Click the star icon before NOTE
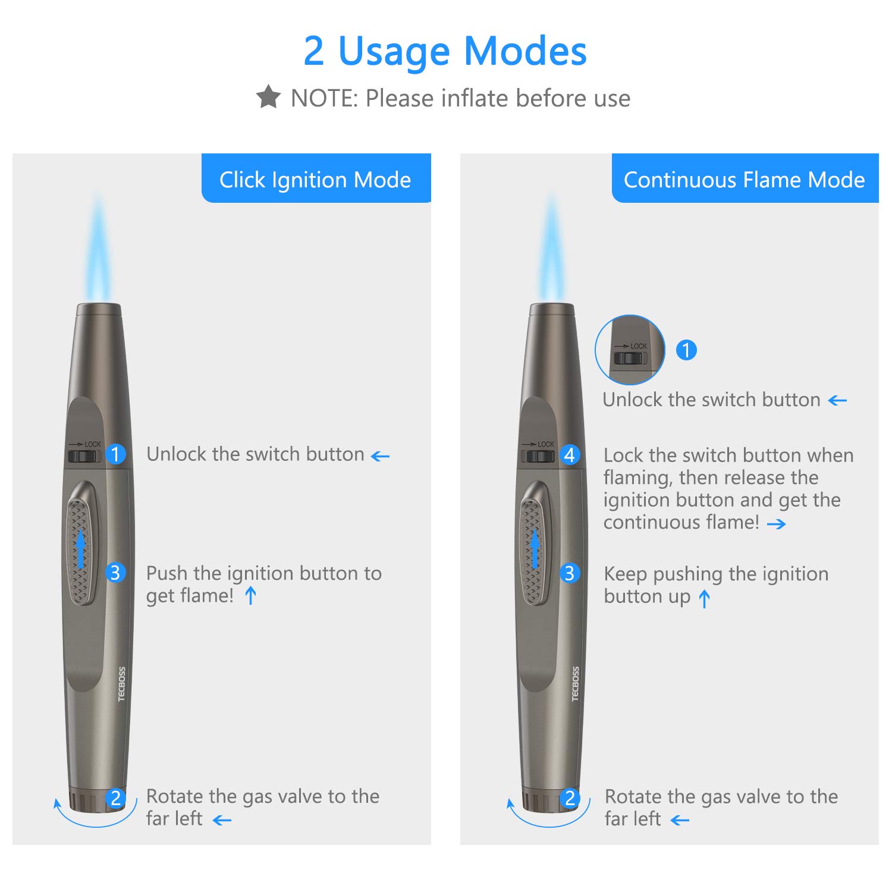268,97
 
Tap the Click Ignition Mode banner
316,179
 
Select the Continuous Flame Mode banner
745,179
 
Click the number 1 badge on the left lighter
116,454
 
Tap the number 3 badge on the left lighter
116,573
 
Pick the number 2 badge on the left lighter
116,798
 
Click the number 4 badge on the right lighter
570,455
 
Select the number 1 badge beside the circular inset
686,350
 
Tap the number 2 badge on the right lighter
570,798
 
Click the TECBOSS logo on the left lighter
122,684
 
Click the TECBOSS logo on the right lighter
575,684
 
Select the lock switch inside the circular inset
629,358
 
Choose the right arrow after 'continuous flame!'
776,524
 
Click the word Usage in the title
394,51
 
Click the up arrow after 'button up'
705,598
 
